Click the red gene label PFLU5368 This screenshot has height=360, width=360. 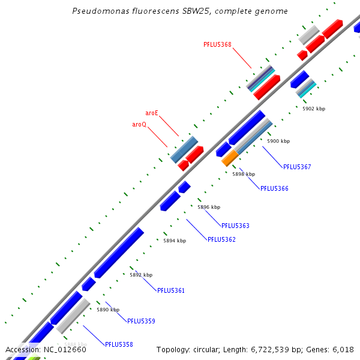pyautogui.click(x=217, y=44)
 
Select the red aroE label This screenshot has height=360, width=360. pyautogui.click(x=152, y=113)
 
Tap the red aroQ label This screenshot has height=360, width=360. pyautogui.click(x=139, y=124)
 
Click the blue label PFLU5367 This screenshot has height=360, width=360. pyautogui.click(x=297, y=167)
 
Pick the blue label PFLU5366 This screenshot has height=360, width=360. pyautogui.click(x=274, y=188)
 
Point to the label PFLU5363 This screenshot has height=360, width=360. pyautogui.click(x=235, y=226)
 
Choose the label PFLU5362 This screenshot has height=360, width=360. pyautogui.click(x=221, y=239)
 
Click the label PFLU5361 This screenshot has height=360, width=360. pyautogui.click(x=171, y=290)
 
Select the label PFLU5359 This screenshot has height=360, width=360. pyautogui.click(x=141, y=321)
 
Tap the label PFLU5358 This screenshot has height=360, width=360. pyautogui.click(x=119, y=344)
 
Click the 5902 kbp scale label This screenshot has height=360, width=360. pyautogui.click(x=314, y=109)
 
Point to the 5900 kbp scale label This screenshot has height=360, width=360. pyautogui.click(x=278, y=141)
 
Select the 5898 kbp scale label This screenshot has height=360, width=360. pyautogui.click(x=244, y=174)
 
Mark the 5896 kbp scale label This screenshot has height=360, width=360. pyautogui.click(x=209, y=207)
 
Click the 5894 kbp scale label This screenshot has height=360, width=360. pyautogui.click(x=175, y=241)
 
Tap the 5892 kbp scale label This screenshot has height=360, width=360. pyautogui.click(x=141, y=275)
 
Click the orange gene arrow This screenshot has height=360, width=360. pyautogui.click(x=230, y=158)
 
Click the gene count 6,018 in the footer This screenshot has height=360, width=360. pyautogui.click(x=342, y=349)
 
